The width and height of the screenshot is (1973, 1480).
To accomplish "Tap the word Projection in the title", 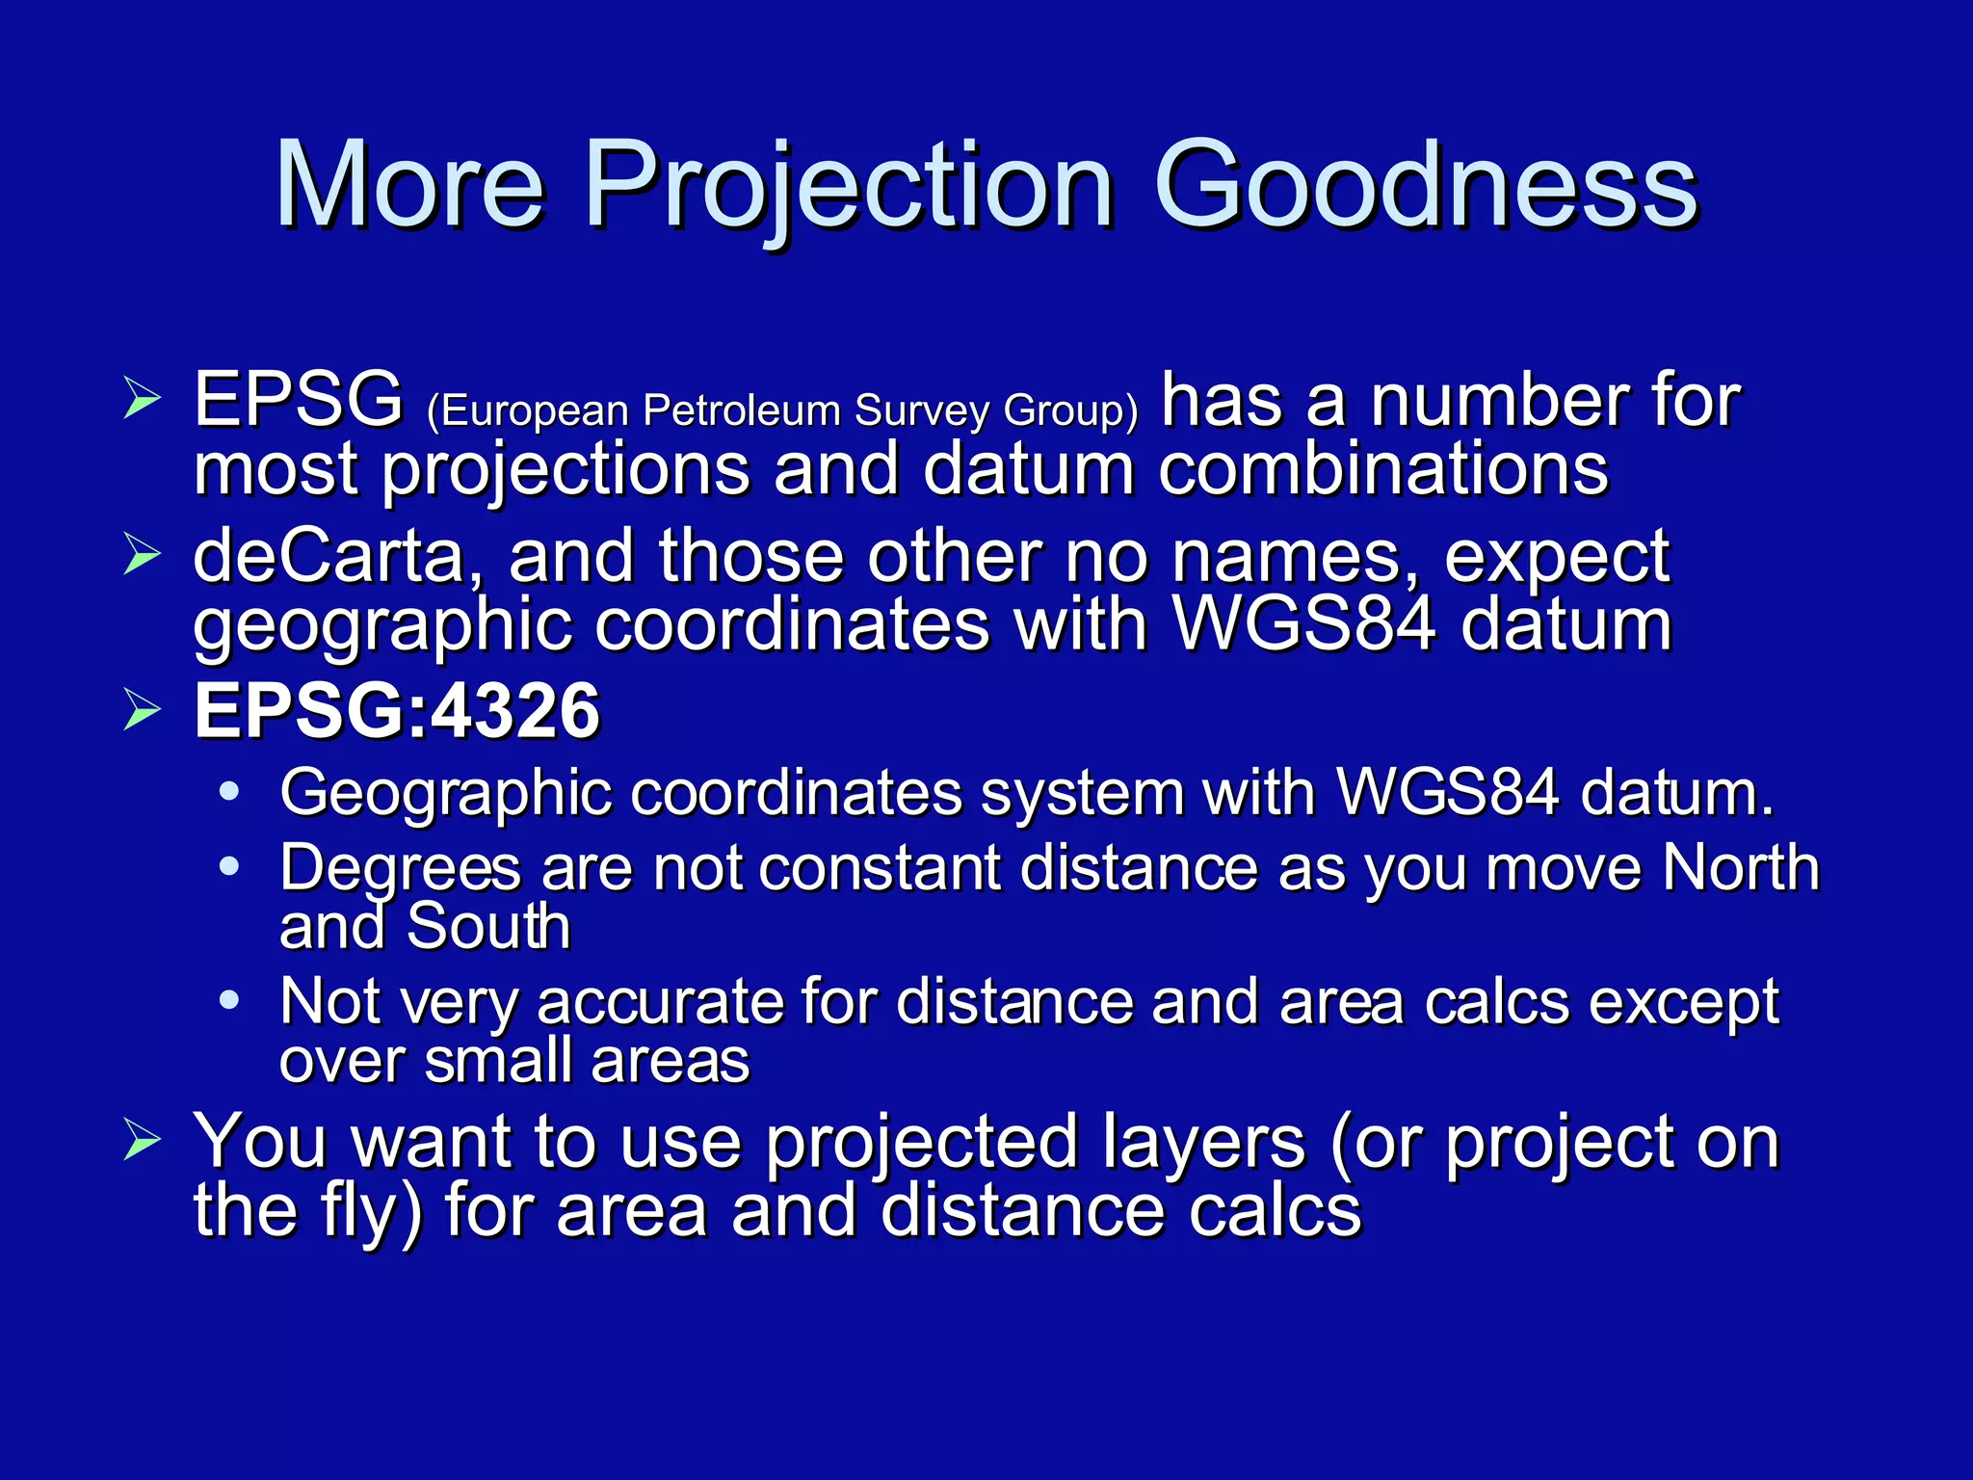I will point(848,185).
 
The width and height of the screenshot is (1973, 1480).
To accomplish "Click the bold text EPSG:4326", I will point(397,711).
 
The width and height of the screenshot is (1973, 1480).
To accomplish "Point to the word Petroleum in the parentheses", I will point(742,410).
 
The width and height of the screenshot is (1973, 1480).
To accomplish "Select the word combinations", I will point(1383,470).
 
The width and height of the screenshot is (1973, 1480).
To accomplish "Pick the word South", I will point(488,927).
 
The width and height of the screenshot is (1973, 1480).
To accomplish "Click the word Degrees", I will point(400,870).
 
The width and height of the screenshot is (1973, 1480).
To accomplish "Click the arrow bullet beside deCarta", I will point(142,556).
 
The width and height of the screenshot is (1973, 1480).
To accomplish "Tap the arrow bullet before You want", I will point(142,1142).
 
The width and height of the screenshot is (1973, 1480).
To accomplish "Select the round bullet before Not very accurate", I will point(229,1000).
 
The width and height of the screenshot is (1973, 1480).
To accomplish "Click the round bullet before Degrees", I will point(229,867).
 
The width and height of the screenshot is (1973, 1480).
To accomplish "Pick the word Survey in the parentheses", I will point(922,410).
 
